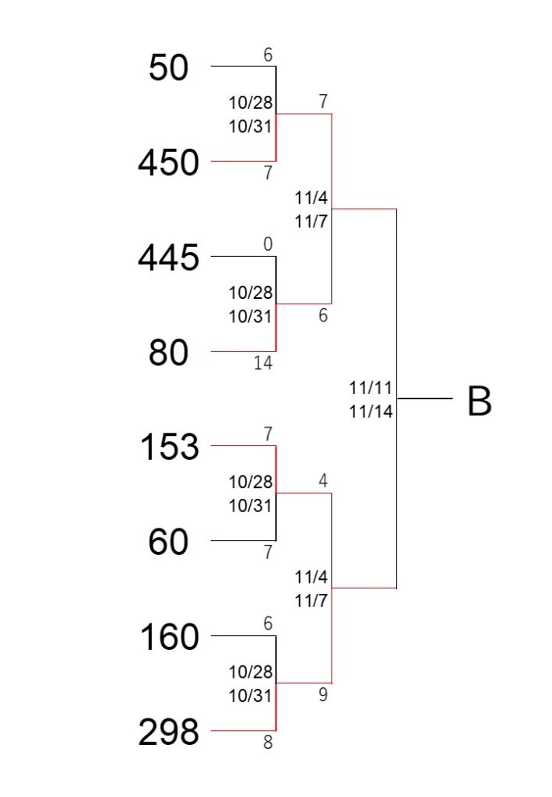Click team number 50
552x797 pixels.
(168, 68)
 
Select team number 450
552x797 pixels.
(168, 163)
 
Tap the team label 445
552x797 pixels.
(168, 257)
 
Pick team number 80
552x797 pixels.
(168, 353)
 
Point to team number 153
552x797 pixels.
(169, 447)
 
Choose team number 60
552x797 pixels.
(168, 542)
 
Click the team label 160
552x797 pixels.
(169, 637)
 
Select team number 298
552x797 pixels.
(168, 732)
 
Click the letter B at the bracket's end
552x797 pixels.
(480, 402)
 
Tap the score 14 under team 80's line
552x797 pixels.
(263, 363)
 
